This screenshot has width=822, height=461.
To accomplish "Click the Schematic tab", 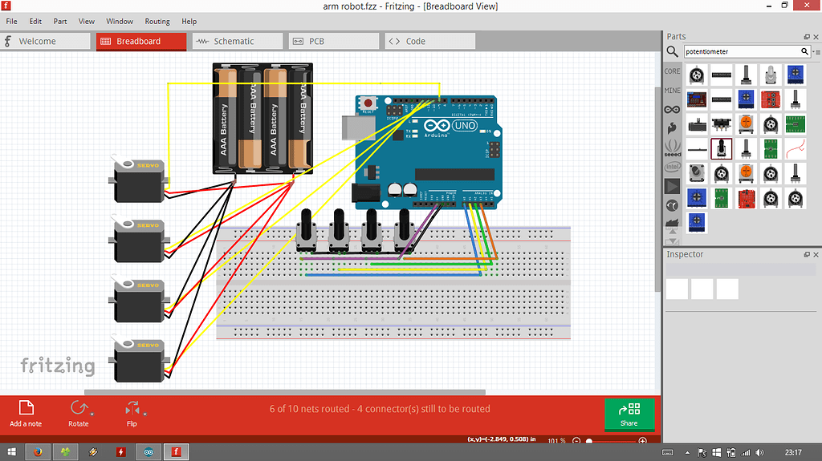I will (233, 41).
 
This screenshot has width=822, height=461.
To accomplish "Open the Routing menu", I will (157, 22).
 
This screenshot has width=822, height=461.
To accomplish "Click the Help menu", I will (189, 22).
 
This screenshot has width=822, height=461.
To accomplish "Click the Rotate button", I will (79, 412).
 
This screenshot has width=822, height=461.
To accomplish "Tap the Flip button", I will (132, 412).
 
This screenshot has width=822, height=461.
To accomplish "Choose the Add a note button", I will (26, 412).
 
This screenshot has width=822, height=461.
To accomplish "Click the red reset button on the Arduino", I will (369, 103).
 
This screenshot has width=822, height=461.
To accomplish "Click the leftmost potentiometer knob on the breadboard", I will (305, 227).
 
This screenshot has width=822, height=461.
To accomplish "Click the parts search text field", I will (742, 51).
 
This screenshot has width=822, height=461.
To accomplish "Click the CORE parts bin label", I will (673, 71).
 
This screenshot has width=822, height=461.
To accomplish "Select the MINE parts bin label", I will (673, 91).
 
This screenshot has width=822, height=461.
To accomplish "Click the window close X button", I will (807, 6).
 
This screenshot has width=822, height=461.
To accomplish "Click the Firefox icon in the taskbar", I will (38, 451).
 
